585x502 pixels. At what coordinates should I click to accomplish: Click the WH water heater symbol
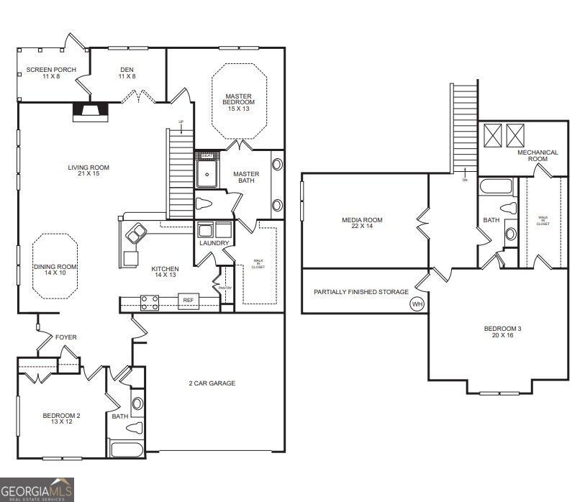417,304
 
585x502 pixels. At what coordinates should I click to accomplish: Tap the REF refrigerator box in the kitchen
189,301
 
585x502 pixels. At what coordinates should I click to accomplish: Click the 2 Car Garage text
212,383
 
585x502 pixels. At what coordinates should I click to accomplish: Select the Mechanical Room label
538,155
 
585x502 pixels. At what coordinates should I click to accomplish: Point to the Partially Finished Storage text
361,292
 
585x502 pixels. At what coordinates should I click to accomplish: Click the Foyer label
66,337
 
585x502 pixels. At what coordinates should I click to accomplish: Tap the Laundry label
214,243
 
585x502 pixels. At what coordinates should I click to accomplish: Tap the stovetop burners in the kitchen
149,303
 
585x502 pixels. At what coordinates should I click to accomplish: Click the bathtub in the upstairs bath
496,188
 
